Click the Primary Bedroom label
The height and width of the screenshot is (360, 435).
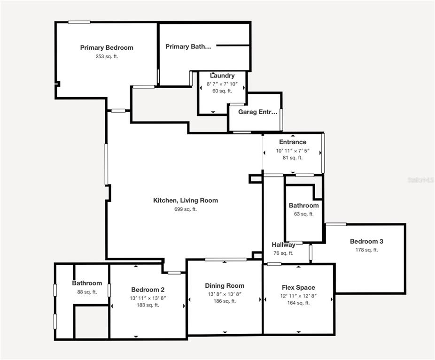pyautogui.click(x=107, y=48)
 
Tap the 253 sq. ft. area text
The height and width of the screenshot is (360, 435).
pyautogui.click(x=107, y=56)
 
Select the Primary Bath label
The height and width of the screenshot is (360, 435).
pyautogui.click(x=188, y=46)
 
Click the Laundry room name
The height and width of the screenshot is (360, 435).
pyautogui.click(x=222, y=76)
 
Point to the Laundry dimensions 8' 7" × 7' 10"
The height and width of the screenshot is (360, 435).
pyautogui.click(x=222, y=84)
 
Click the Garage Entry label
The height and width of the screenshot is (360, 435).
pyautogui.click(x=258, y=112)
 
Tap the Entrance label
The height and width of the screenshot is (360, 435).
pyautogui.click(x=293, y=142)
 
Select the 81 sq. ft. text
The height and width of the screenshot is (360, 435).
pyautogui.click(x=293, y=158)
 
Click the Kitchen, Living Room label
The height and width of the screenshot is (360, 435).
pyautogui.click(x=186, y=200)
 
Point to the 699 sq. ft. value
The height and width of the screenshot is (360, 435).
pyautogui.click(x=186, y=209)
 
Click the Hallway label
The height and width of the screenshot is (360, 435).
pyautogui.click(x=283, y=245)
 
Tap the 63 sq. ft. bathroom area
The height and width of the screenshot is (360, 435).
pyautogui.click(x=304, y=214)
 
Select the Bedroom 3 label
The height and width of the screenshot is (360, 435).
pyautogui.click(x=366, y=241)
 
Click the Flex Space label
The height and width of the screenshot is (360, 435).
pyautogui.click(x=298, y=288)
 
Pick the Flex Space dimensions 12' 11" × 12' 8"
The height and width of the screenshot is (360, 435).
pyautogui.click(x=298, y=296)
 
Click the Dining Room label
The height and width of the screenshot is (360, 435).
pyautogui.click(x=225, y=286)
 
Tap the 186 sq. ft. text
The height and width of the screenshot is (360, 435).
pyautogui.click(x=225, y=301)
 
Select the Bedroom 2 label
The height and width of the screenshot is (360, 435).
pyautogui.click(x=148, y=290)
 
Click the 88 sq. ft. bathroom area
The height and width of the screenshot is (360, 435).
pyautogui.click(x=87, y=292)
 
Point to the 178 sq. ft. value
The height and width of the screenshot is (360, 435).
pyautogui.click(x=367, y=250)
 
